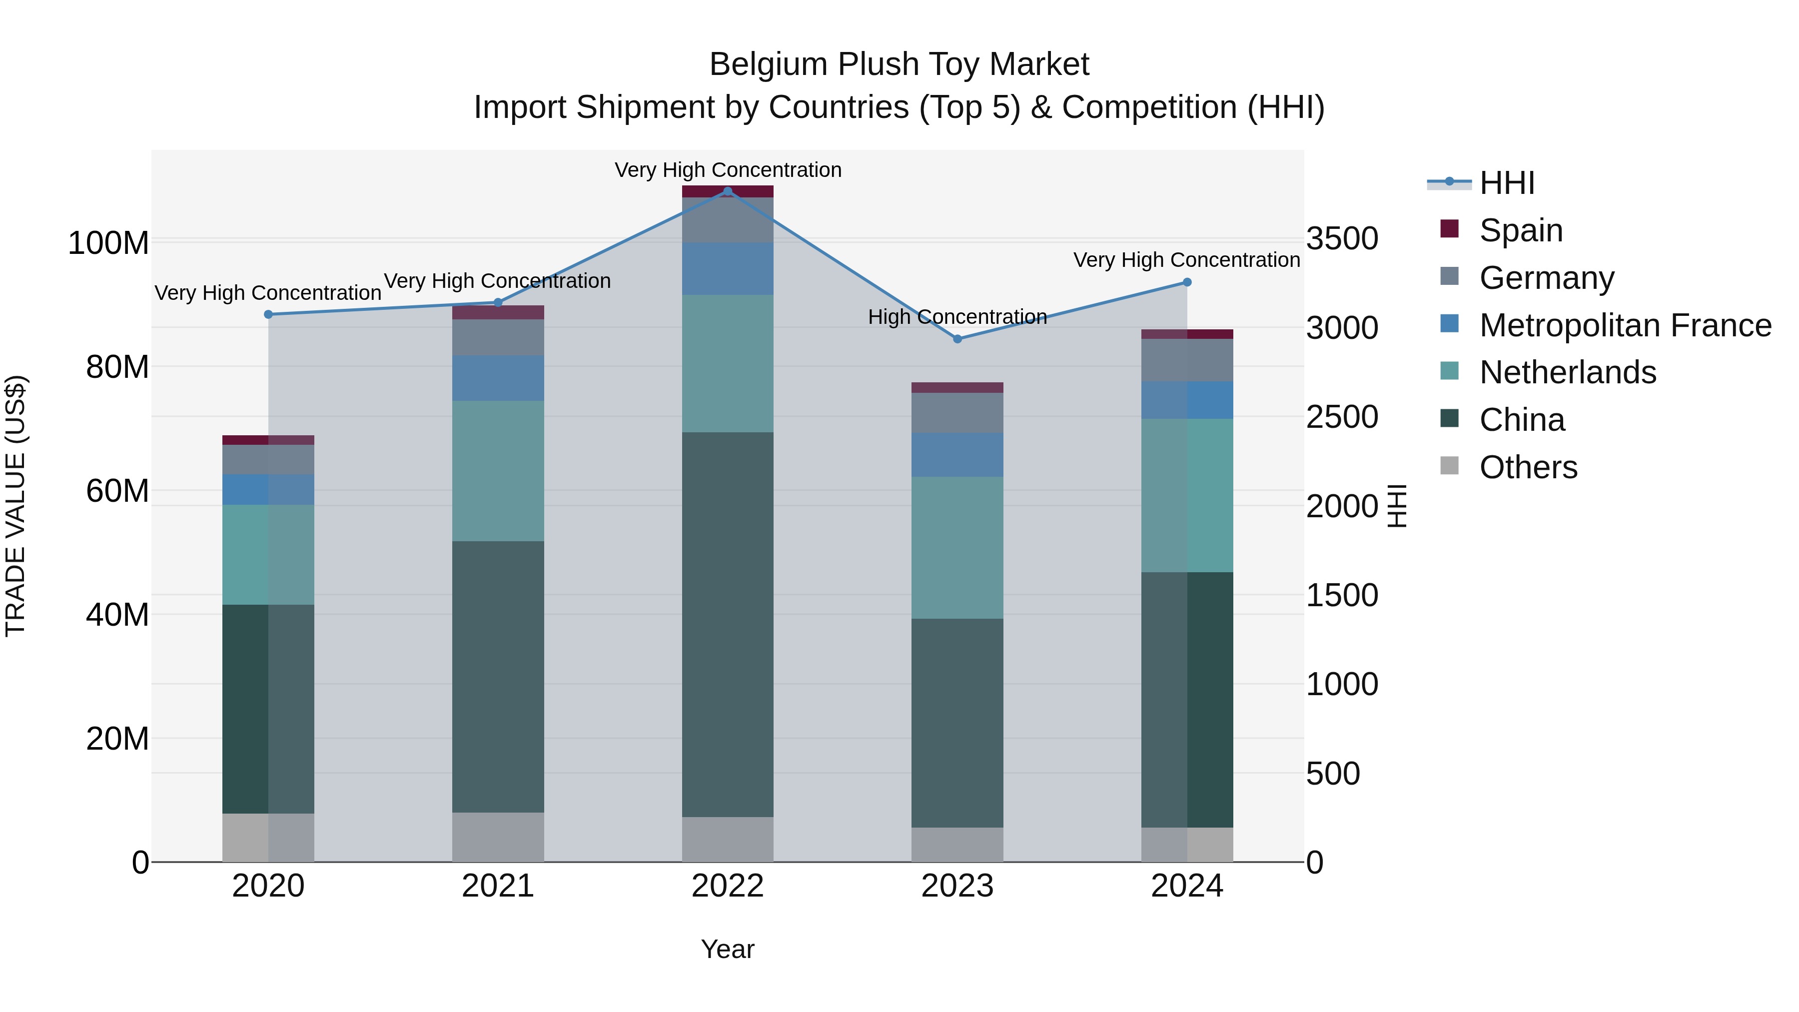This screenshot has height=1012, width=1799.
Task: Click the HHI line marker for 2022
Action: tap(728, 191)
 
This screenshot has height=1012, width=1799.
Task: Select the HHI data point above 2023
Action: tap(957, 339)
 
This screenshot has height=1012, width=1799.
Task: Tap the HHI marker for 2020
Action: tap(268, 314)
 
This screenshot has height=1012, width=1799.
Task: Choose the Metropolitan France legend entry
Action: tap(1625, 325)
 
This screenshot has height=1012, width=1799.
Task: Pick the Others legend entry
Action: tap(1528, 467)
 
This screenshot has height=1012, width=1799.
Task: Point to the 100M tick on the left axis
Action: tap(108, 243)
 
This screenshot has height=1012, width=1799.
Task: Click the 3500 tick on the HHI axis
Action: tap(1342, 239)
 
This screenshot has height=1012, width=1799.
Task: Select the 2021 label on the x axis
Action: tap(498, 886)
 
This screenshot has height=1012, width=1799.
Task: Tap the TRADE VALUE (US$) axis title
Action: tap(15, 506)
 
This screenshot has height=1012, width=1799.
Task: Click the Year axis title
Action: tap(728, 949)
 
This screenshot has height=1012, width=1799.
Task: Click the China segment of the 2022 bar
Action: tap(728, 624)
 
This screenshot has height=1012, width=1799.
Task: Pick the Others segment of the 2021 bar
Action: tap(498, 837)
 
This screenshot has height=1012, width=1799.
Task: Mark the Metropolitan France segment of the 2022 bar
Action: tap(728, 268)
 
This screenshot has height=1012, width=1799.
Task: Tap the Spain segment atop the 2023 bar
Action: tap(957, 388)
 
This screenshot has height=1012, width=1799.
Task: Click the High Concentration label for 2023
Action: tap(957, 317)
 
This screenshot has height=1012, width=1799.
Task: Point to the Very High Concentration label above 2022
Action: tap(728, 170)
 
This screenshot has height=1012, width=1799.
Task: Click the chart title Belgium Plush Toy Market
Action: tap(899, 64)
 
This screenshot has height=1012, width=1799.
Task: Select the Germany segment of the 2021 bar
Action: tap(498, 337)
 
